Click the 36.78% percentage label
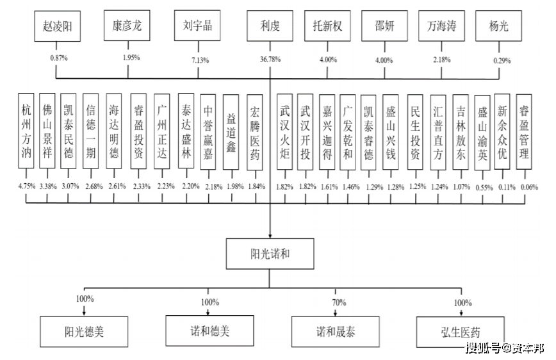click(269, 60)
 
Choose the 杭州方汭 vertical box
click(26, 131)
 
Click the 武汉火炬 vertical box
click(285, 131)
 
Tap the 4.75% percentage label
click(26, 186)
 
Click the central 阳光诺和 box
click(269, 254)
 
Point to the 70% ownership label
click(339, 302)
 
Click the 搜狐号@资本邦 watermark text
click(504, 349)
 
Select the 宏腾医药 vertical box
click(254, 131)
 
